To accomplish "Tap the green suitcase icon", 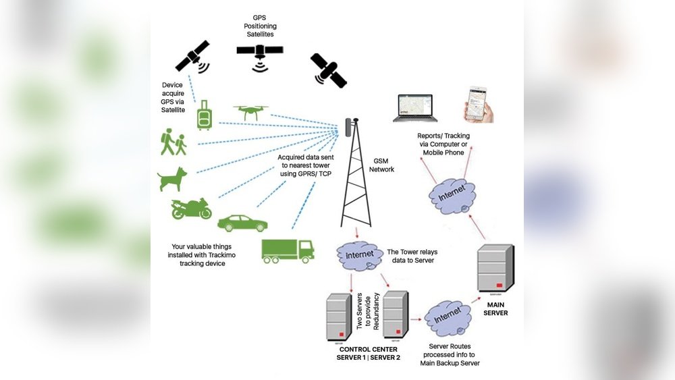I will (x=204, y=115).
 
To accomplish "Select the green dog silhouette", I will (x=172, y=179).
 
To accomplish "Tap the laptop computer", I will (x=414, y=107).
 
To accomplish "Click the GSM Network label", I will (x=382, y=165).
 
